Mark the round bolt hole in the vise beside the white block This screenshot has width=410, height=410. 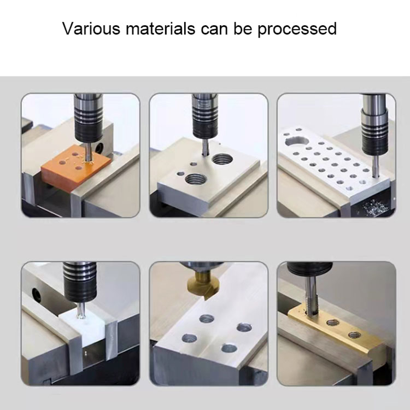pyautogui.click(x=36, y=296)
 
